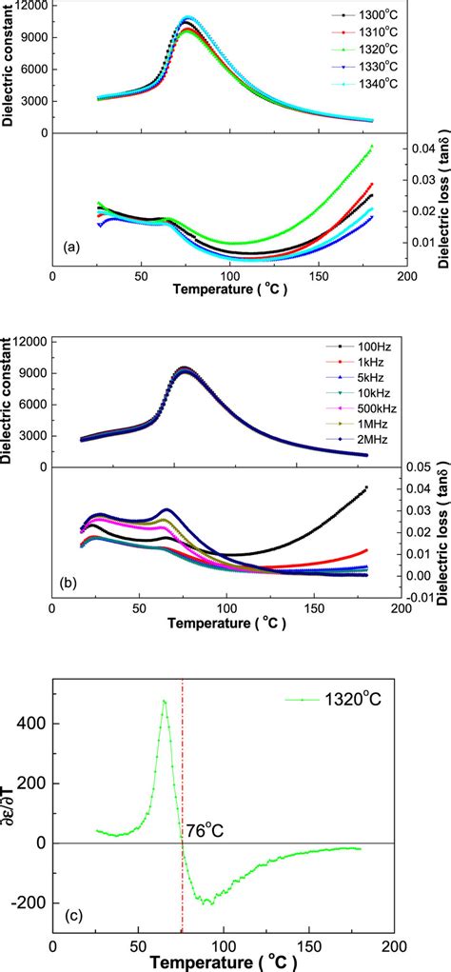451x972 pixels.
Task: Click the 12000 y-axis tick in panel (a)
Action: coord(28,8)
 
